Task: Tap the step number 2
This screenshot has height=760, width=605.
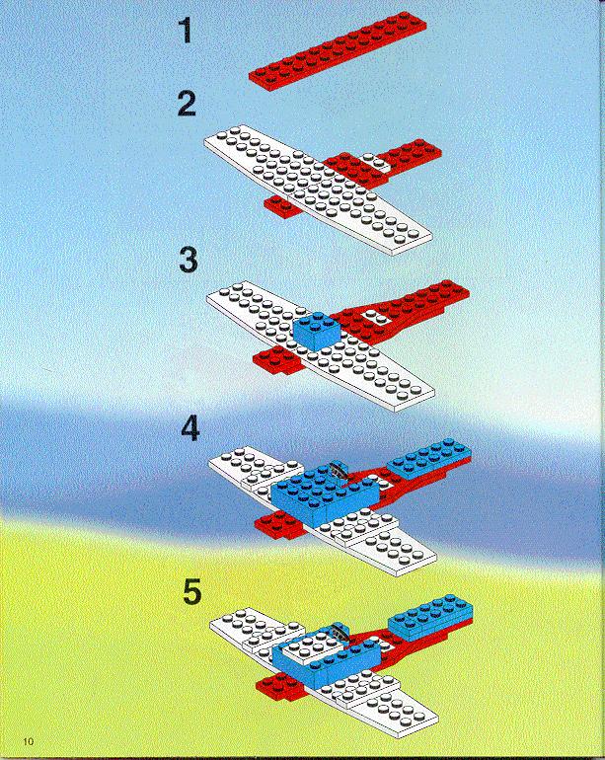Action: pos(187,104)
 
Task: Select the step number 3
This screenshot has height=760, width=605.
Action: pos(189,260)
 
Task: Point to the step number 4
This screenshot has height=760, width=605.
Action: pos(190,428)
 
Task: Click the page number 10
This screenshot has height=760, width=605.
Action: pos(29,742)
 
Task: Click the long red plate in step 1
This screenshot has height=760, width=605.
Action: pos(338,51)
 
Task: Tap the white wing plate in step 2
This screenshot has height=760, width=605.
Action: pos(318,190)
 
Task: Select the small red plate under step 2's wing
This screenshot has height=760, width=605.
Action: pos(281,207)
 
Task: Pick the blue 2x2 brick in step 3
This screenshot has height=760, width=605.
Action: pos(318,330)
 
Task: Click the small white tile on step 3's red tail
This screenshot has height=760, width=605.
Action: pos(377,317)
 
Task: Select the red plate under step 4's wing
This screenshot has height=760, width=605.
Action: pos(278,524)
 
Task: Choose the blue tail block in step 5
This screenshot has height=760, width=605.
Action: pos(430,617)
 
